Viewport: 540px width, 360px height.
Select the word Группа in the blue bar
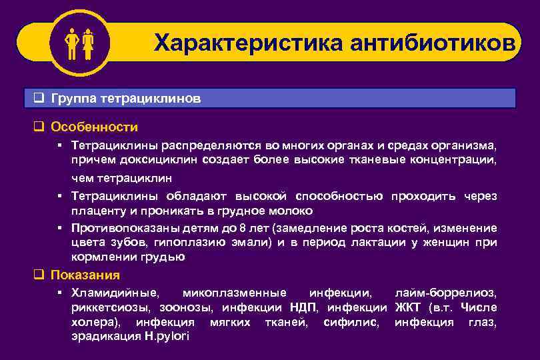(74, 99)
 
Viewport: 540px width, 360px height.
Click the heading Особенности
(95, 127)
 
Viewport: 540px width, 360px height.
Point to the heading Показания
(85, 275)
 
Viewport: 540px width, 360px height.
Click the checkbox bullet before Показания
(39, 275)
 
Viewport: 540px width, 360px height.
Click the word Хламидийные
(115, 293)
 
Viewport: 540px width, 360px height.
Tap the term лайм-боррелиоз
(445, 293)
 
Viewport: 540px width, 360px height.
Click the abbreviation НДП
(305, 307)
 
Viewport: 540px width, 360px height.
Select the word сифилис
(349, 323)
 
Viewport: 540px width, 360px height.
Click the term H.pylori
(167, 337)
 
